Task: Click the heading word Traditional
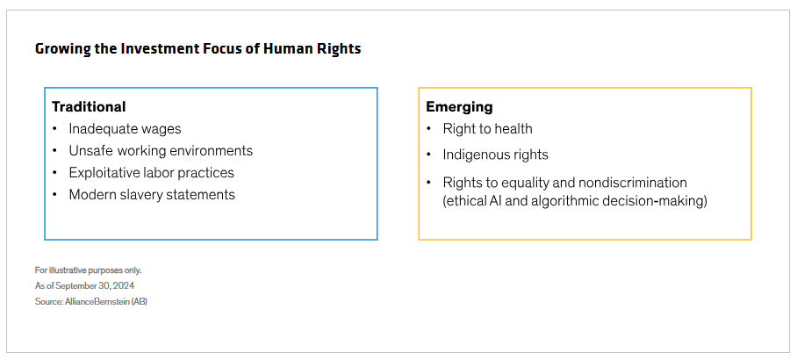click(89, 107)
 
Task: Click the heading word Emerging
click(459, 107)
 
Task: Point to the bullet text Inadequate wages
click(125, 129)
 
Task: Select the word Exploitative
click(108, 173)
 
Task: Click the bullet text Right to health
click(487, 129)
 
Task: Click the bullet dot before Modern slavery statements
click(55, 195)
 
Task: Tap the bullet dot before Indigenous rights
click(429, 155)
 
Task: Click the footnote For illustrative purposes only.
click(88, 270)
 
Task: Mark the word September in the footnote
click(72, 285)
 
